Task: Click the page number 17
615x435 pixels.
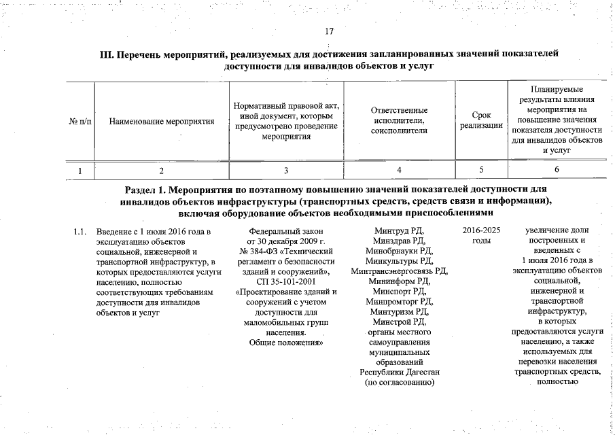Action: point(330,31)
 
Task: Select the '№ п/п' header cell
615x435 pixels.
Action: point(80,122)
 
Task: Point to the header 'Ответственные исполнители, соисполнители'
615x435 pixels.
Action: point(399,121)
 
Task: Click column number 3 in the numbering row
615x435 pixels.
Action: point(286,170)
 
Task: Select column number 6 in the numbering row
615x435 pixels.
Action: point(557,170)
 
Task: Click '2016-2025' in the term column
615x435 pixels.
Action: point(481,231)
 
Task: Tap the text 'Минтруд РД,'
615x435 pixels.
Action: point(399,231)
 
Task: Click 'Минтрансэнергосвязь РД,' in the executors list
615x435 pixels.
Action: point(399,271)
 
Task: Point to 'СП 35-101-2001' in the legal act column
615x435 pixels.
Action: point(285,281)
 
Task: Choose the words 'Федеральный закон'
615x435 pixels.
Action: point(285,231)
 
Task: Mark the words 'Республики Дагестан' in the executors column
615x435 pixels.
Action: point(399,372)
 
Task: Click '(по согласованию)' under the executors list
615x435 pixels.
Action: point(399,382)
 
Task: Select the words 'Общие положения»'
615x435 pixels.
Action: point(285,343)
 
